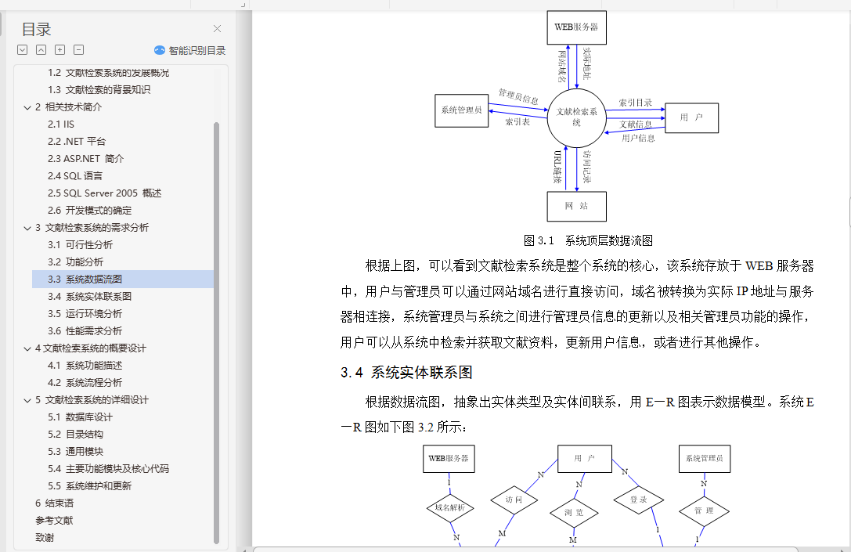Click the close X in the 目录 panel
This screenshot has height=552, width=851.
[x=217, y=29]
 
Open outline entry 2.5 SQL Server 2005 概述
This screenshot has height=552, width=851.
[x=104, y=193]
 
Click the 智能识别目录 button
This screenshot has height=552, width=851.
[x=190, y=50]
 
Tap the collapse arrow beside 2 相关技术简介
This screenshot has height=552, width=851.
[x=27, y=107]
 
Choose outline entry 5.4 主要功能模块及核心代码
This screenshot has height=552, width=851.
[x=108, y=468]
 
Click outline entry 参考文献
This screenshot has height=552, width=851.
[x=54, y=520]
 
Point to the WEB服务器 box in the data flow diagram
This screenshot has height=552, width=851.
[x=576, y=27]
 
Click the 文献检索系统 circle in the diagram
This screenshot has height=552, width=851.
[x=576, y=117]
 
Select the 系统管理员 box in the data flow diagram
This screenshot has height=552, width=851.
[x=461, y=110]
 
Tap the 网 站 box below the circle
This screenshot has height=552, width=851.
[x=576, y=206]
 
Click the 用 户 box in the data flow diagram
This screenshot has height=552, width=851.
[x=691, y=117]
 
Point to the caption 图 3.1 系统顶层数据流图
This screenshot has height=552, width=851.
[x=588, y=240]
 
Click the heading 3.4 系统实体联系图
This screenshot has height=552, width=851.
[x=406, y=373]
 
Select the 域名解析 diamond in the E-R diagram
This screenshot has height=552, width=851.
[x=450, y=508]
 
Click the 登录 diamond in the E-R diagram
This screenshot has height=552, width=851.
[x=639, y=500]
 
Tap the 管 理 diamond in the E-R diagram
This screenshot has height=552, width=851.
[x=704, y=511]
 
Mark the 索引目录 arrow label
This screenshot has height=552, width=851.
[x=636, y=103]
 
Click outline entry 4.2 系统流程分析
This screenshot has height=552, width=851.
[x=85, y=383]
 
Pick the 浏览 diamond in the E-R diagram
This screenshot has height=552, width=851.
[x=574, y=512]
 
